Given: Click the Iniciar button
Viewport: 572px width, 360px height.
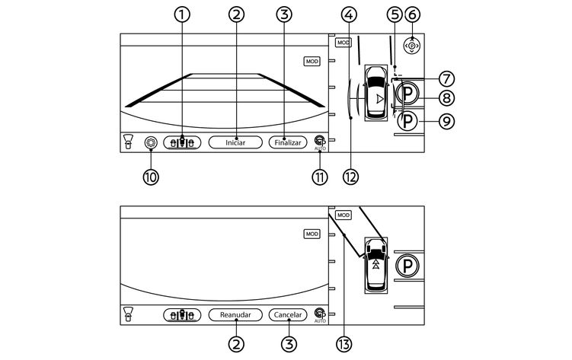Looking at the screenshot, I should [x=235, y=142].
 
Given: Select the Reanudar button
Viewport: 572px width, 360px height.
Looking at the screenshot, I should [x=235, y=314].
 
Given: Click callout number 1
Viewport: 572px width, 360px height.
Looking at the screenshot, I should [x=182, y=14].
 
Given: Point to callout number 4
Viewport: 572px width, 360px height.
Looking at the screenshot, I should [x=350, y=14].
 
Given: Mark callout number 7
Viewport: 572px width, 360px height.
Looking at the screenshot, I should [x=446, y=78].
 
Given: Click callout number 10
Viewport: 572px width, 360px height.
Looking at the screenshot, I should [x=150, y=177].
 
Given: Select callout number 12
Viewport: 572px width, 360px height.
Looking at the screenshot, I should [x=350, y=177].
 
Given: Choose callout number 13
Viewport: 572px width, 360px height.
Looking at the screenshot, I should [x=344, y=344].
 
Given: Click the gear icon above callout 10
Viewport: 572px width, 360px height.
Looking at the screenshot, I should [x=150, y=142].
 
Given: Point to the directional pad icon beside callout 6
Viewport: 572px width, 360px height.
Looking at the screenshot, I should [x=411, y=46].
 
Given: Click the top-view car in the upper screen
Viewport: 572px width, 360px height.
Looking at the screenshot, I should [x=376, y=93].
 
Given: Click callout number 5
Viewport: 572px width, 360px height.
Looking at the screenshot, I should [x=394, y=14].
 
